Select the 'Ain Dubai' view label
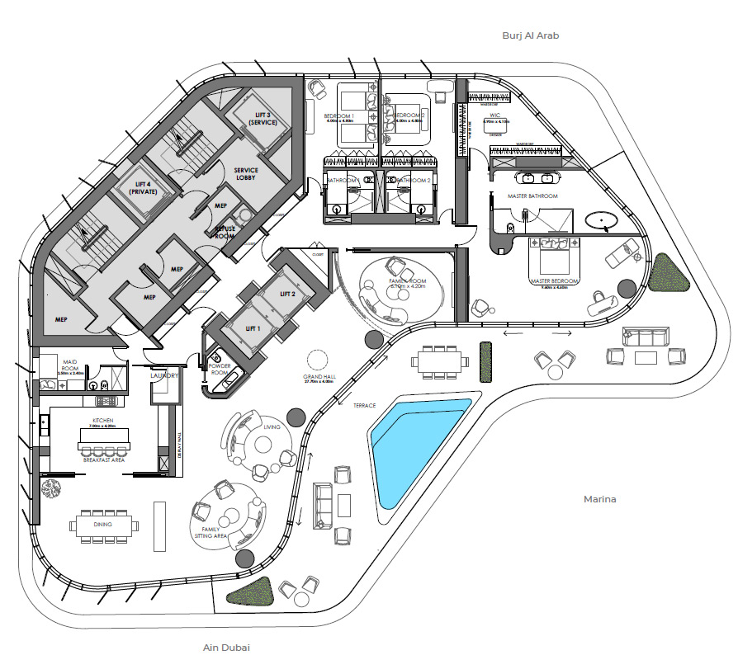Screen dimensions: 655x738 tap(226, 647)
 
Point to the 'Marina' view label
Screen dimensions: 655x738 tap(600, 499)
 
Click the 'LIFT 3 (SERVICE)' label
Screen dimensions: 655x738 tap(261, 118)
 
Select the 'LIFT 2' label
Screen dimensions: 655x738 tap(287, 294)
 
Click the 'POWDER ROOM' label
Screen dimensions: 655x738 tap(220, 368)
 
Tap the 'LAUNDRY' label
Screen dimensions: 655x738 tap(164, 376)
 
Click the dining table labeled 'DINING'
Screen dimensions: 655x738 tap(103, 525)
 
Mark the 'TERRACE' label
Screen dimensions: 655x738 tap(364, 406)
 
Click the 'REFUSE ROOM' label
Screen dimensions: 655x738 tap(225, 232)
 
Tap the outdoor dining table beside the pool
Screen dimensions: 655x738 tap(439, 360)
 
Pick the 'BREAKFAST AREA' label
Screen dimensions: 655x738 tap(103, 459)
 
